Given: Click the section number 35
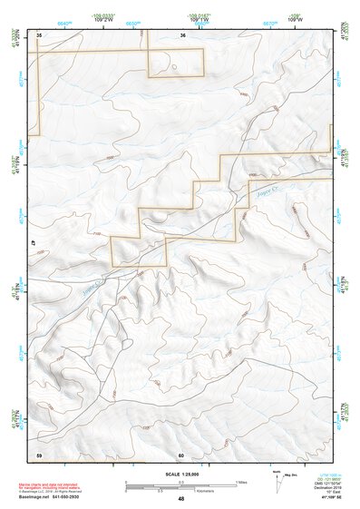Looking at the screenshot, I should point(39,34).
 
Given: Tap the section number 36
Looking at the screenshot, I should point(183,34).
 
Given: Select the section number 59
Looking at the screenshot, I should point(39,454).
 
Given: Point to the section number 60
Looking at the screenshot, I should point(181,455).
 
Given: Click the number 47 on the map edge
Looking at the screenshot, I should point(33,244).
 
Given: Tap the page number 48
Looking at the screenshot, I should point(180,499).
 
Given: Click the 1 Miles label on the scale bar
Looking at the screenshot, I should point(242,481).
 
